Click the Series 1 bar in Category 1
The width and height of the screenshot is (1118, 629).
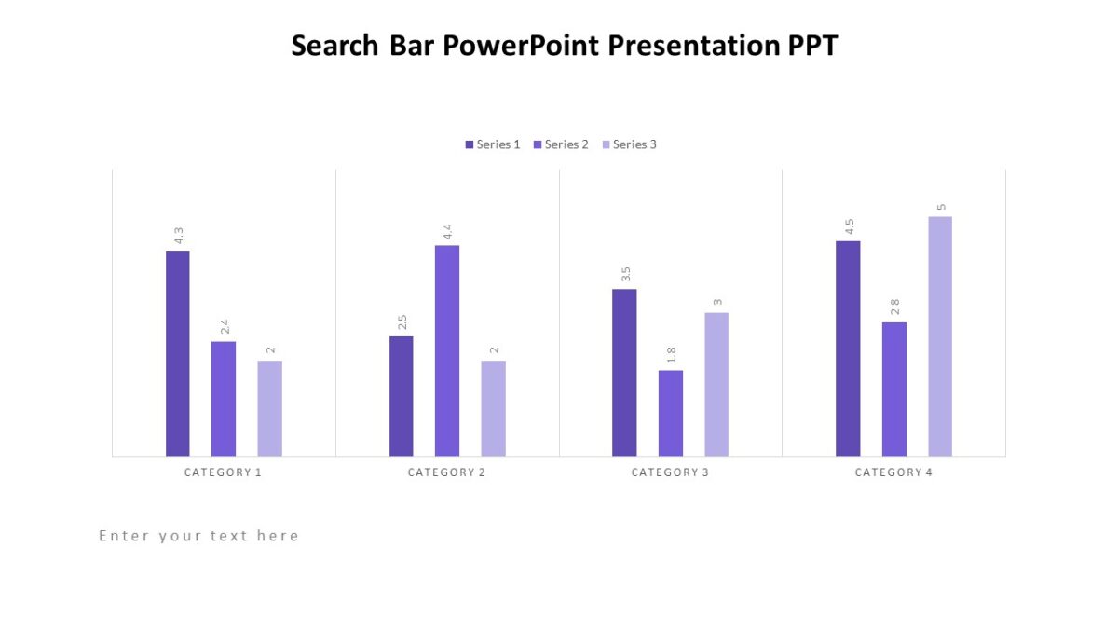tap(178, 353)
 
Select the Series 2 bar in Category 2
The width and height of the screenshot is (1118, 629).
tap(447, 350)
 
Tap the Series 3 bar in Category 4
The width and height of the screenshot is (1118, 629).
tap(940, 336)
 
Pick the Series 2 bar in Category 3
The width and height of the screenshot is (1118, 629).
tap(671, 413)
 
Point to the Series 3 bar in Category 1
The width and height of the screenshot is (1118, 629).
tap(270, 408)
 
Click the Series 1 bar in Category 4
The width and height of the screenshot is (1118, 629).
tap(848, 349)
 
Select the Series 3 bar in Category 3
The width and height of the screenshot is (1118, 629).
tap(716, 384)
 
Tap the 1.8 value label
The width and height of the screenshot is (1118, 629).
tap(671, 356)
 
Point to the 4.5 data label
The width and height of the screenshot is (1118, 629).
tap(849, 227)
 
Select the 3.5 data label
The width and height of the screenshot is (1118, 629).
tap(625, 275)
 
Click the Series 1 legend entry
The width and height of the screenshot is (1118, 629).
tap(493, 144)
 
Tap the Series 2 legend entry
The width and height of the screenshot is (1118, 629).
tap(561, 144)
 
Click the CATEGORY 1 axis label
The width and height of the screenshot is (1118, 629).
tap(224, 472)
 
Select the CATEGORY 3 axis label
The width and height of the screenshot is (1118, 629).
tap(671, 472)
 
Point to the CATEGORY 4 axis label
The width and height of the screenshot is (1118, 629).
tap(894, 472)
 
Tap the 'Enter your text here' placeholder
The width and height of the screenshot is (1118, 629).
tap(199, 536)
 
